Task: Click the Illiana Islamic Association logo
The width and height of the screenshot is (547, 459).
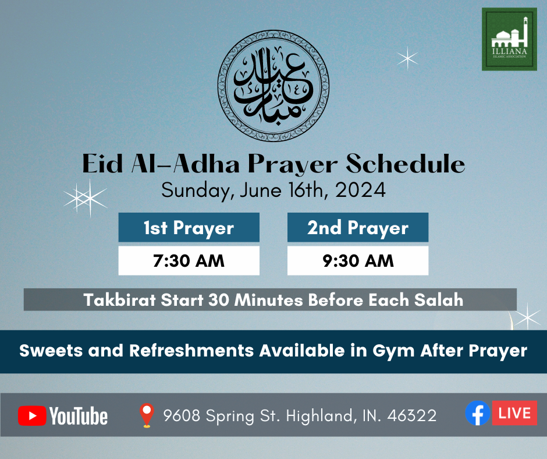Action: [x=509, y=39]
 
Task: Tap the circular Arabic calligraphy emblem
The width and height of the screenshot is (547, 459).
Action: [x=273, y=86]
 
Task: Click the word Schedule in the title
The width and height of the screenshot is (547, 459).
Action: [x=406, y=164]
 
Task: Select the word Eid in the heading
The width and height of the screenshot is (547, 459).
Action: [x=102, y=164]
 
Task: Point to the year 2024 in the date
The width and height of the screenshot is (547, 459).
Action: [x=360, y=190]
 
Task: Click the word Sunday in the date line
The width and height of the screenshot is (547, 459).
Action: [x=196, y=191]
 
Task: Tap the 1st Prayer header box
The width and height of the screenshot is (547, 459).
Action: [x=189, y=227]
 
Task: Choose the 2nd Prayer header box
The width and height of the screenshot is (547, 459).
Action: [x=358, y=227]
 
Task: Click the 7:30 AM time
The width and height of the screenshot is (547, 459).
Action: [x=189, y=261]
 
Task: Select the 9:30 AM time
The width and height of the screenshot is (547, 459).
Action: [x=358, y=261]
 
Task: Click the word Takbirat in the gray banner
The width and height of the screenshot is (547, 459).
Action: [x=120, y=300]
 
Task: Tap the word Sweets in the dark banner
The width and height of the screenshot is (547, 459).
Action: [x=51, y=351]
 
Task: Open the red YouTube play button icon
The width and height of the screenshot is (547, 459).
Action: [x=32, y=416]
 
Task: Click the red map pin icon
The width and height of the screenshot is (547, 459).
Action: [x=147, y=415]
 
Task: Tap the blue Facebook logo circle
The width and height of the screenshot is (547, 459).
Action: [x=478, y=413]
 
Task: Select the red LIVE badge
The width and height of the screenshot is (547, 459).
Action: [x=514, y=413]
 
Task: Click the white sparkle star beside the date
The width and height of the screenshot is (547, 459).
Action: [x=86, y=198]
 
